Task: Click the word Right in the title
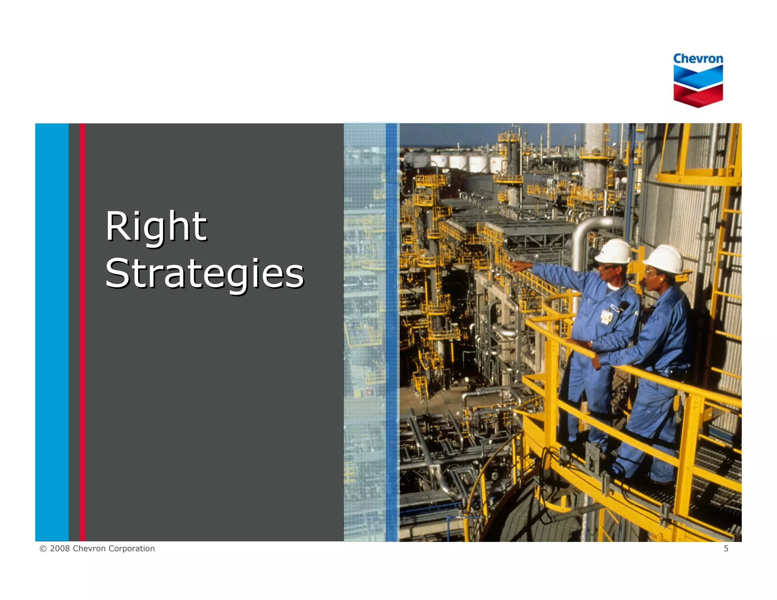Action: pos(156,226)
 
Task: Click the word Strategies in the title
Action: pos(204,273)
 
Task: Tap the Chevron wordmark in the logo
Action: pos(698,59)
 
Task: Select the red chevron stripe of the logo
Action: pos(698,95)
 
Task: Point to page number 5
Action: pos(726,548)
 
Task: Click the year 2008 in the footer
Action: pos(60,548)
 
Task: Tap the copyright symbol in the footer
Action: pos(43,548)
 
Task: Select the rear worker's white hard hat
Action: pos(664,258)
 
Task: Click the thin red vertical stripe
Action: pos(82,332)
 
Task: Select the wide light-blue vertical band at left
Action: pos(52,332)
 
